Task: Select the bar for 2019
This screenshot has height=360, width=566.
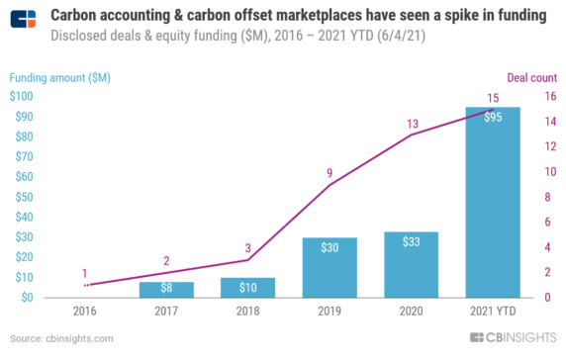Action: (330, 267)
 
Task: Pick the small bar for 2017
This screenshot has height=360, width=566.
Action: (166, 289)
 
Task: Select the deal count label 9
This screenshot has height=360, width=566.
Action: (330, 174)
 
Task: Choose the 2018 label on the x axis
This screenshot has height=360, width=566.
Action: (248, 313)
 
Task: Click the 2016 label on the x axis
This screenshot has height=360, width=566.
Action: (85, 313)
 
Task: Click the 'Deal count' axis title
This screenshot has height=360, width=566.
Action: (532, 77)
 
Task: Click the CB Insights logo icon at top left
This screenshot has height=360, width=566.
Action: (25, 19)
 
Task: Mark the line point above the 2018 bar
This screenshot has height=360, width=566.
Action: (248, 260)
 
